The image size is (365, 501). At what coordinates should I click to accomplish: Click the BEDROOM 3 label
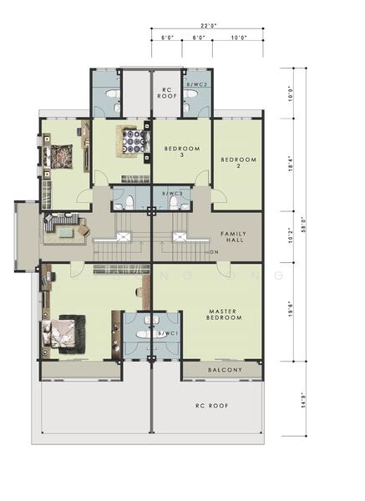[182, 151]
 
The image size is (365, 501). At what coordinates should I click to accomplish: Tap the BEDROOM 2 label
[236, 162]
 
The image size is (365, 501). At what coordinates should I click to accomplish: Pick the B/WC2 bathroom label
[197, 85]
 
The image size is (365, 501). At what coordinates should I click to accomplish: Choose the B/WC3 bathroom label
[171, 194]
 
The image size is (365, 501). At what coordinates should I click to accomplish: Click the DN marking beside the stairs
[214, 252]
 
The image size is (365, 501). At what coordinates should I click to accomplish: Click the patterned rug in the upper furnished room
[131, 139]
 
